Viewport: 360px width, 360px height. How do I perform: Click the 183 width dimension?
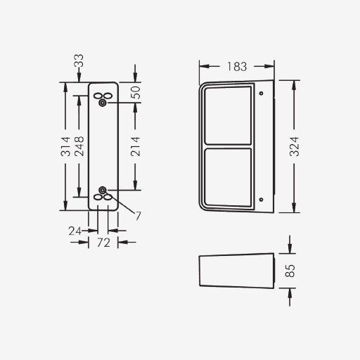click(237, 67)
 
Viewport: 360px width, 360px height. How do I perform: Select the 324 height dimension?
click(295, 147)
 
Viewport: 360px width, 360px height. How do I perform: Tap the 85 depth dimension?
click(290, 271)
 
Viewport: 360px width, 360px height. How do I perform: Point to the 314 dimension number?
click(65, 147)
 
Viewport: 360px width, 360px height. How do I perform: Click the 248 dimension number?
click(79, 146)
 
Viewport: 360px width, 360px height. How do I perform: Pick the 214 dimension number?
click(135, 147)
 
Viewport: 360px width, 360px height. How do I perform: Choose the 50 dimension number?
click(135, 93)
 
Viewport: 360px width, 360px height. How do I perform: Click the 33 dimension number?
click(79, 60)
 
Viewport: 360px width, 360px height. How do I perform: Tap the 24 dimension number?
click(75, 231)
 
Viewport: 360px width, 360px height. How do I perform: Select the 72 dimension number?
click(103, 243)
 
